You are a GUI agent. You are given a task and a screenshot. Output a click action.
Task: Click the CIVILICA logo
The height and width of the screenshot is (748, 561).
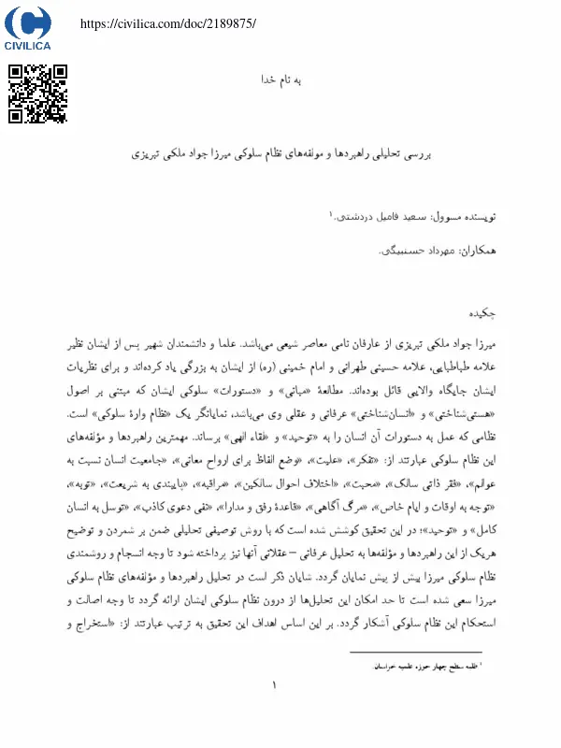(28, 28)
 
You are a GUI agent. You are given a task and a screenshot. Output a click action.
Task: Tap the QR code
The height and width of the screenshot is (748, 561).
(38, 93)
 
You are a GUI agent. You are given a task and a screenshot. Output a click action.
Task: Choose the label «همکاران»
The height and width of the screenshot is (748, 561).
(468, 252)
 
